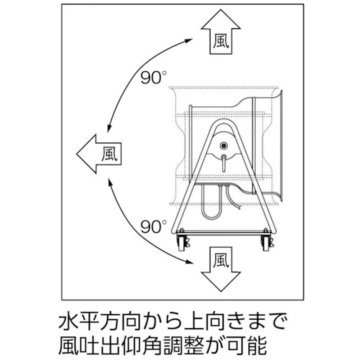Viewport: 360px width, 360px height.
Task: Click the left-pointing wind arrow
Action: tap(99, 154)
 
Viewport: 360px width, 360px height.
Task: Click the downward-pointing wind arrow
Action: tap(221, 269)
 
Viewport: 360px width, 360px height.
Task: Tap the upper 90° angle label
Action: tap(153, 77)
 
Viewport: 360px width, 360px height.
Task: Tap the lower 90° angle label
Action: tap(153, 226)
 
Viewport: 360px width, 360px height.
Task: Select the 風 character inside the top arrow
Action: tap(221, 41)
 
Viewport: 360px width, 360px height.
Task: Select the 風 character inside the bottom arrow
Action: tap(221, 260)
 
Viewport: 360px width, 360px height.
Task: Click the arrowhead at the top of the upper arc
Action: tap(189, 41)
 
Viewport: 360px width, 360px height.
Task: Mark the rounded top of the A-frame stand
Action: tap(224, 121)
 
